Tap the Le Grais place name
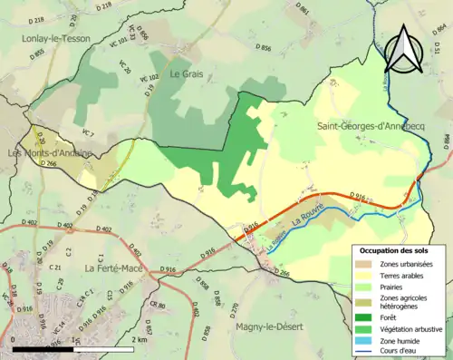point(186,73)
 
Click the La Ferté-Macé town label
point(115,268)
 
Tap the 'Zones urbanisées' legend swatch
point(362,263)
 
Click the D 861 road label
point(304,11)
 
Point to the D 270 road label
point(234,284)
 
